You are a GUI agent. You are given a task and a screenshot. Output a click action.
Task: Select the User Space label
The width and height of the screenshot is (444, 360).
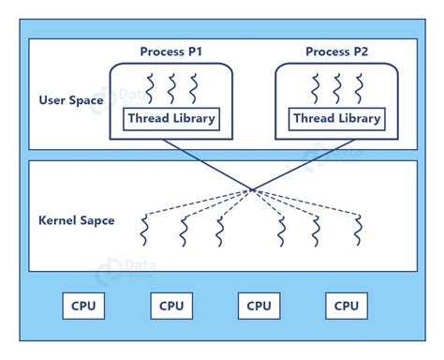click(x=71, y=99)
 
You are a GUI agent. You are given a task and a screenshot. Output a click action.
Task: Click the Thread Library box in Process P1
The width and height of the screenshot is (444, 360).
click(x=170, y=119)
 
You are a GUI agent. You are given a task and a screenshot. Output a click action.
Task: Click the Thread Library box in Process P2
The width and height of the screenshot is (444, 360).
click(x=336, y=119)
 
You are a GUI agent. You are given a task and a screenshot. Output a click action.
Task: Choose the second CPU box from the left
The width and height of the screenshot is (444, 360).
click(x=171, y=306)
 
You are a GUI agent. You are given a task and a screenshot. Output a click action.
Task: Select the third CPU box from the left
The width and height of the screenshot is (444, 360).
click(x=259, y=306)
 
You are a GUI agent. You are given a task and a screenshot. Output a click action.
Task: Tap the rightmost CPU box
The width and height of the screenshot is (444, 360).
click(x=347, y=306)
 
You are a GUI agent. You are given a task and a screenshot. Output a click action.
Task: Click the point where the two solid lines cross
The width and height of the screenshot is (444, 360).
click(x=252, y=190)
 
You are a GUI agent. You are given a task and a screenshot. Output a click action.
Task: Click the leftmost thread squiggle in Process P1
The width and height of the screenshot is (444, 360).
click(x=147, y=88)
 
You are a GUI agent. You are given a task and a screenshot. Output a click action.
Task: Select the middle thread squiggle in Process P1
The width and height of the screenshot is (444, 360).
click(x=170, y=88)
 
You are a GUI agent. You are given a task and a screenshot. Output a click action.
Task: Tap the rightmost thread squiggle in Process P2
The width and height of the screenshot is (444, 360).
click(x=359, y=88)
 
